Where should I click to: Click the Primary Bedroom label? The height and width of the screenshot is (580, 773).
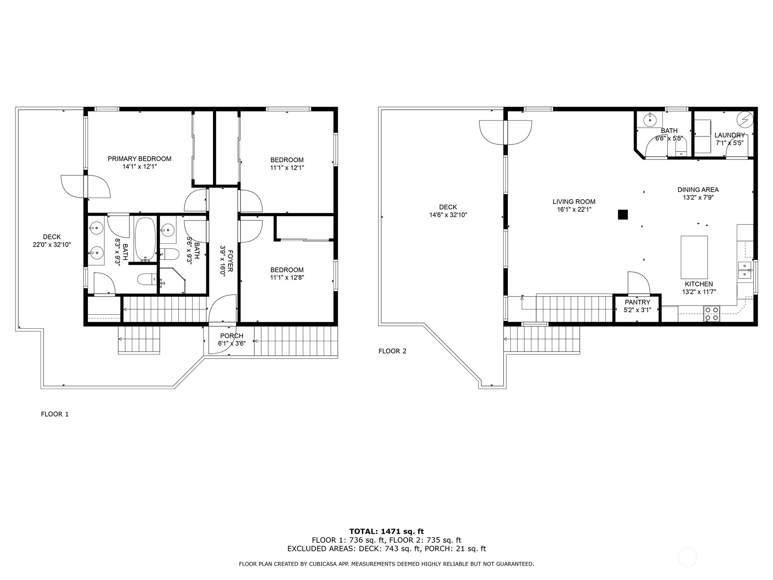[139, 159]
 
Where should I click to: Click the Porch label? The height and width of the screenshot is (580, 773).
[231, 336]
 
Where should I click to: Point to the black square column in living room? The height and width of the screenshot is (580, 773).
[623, 214]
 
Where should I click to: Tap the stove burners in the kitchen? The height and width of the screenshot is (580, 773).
[711, 314]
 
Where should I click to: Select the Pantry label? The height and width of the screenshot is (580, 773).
[637, 302]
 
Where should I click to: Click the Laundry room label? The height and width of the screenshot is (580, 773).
[729, 135]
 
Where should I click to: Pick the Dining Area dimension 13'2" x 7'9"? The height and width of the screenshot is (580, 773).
[698, 198]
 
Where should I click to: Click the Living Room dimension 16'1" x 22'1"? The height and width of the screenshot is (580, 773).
[574, 210]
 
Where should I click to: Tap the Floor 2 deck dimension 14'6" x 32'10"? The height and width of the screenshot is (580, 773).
[448, 215]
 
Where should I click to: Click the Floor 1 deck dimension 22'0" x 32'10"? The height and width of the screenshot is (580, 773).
[52, 245]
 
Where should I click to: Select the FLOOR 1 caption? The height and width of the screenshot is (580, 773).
[55, 414]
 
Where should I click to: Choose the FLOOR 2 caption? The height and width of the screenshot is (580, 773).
[392, 351]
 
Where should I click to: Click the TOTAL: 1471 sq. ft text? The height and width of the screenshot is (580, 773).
[386, 531]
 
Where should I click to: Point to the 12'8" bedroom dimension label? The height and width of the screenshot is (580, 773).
[287, 277]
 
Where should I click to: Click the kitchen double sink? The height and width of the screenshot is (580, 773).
[744, 270]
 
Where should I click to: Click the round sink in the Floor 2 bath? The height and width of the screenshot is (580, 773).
[650, 118]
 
